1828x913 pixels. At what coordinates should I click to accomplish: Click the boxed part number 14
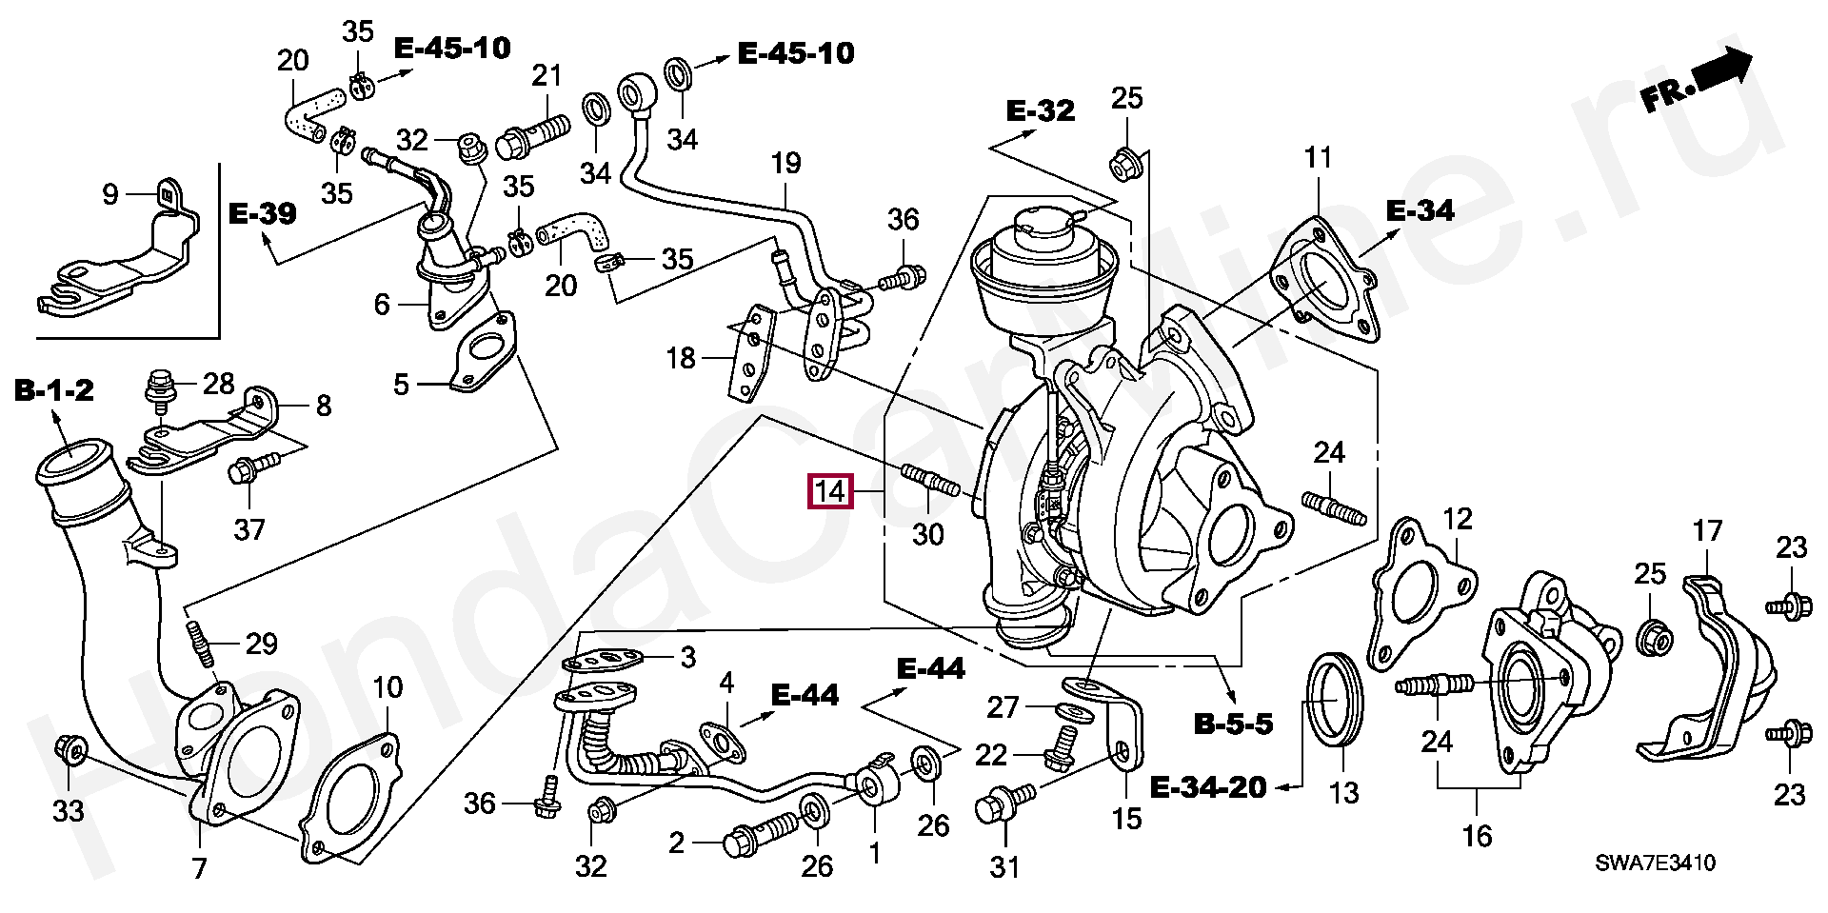click(829, 492)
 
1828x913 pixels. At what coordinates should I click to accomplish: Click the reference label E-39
click(262, 212)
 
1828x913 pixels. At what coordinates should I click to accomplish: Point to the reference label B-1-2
click(53, 389)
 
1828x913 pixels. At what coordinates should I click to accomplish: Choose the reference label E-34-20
click(1208, 787)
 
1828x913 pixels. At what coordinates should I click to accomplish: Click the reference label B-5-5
click(1233, 724)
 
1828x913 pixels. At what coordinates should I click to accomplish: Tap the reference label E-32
click(1041, 111)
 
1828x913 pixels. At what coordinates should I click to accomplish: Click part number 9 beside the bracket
click(109, 194)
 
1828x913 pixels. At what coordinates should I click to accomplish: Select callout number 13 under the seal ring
click(1343, 791)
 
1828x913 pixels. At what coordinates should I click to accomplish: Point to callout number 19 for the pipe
click(786, 164)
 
